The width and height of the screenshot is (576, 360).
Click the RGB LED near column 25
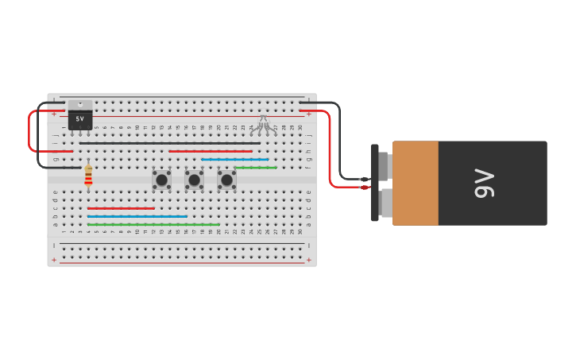coord(263,123)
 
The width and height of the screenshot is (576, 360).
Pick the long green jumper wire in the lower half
coord(153,225)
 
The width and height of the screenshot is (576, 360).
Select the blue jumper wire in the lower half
coord(137,216)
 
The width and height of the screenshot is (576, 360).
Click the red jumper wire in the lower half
coord(121,208)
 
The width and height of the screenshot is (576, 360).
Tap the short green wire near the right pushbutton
coord(255,168)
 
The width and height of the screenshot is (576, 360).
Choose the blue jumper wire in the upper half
coord(234,159)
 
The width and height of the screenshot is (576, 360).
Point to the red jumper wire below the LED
coord(210,151)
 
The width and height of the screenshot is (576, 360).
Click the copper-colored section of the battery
coord(415,184)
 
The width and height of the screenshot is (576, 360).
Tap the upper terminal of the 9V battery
coord(384,167)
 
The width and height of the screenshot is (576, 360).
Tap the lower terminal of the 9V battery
coord(385,203)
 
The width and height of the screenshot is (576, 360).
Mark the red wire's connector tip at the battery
coord(365,188)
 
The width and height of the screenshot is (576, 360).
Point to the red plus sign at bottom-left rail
coord(54,260)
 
